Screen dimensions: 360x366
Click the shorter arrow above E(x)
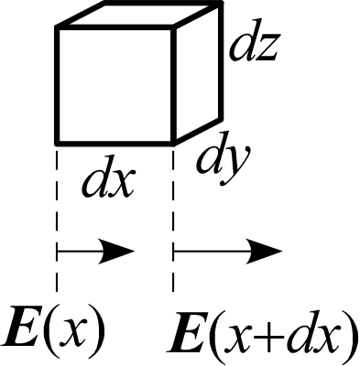pos(95,250)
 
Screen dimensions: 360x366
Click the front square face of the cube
pos(115,85)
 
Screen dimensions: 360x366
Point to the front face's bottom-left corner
pos(59,142)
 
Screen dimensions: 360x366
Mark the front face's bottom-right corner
pos(173,142)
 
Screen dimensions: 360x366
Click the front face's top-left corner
pos(59,28)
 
